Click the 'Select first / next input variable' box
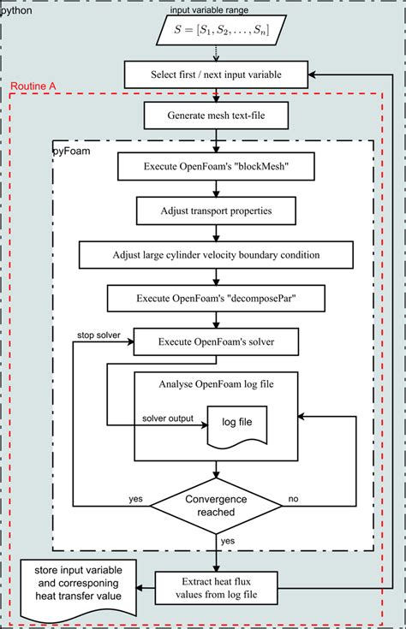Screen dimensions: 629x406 pyautogui.click(x=215, y=74)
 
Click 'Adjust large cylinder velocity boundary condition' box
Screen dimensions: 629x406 pyautogui.click(x=215, y=254)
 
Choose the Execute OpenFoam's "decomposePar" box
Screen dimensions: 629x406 pyautogui.click(x=215, y=299)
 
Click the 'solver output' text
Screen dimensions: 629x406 pyautogui.click(x=167, y=418)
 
